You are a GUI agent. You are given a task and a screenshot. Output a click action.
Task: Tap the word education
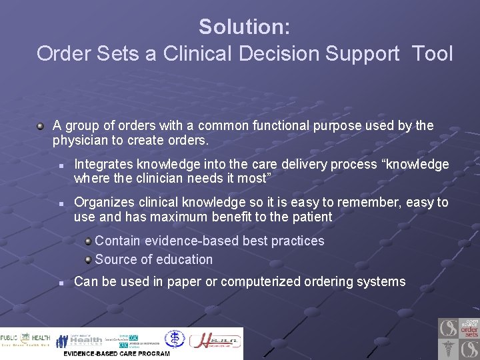coord(179,259)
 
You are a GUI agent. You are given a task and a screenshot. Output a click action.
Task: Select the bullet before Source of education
coord(88,259)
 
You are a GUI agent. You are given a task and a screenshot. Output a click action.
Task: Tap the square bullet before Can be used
coord(61,283)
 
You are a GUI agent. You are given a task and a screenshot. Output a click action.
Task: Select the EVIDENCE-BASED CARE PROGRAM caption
coord(116,353)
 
